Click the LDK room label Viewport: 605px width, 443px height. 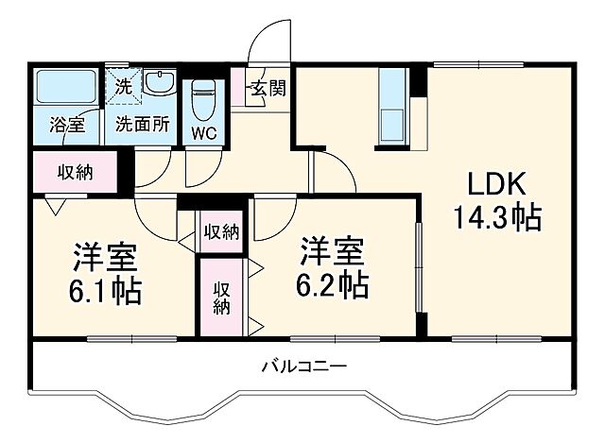493,184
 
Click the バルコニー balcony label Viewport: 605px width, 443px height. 305,366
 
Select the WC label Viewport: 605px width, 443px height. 204,132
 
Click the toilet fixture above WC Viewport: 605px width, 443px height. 204,98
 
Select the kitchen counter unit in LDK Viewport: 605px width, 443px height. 390,108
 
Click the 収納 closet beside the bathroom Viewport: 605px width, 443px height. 75,172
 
